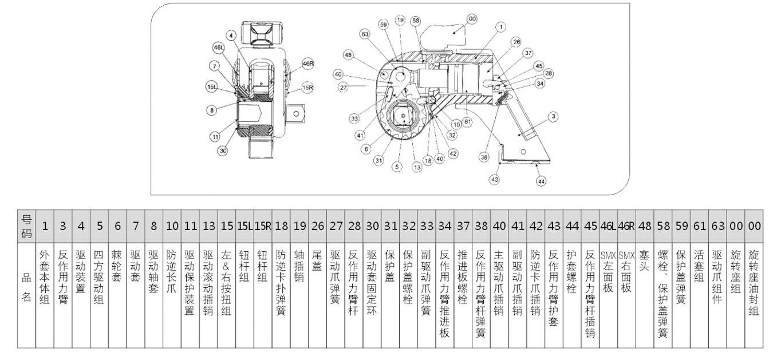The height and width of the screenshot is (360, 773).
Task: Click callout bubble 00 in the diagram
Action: (472, 19)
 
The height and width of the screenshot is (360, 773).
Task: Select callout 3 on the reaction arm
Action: (553, 116)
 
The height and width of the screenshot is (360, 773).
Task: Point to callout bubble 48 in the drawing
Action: (348, 55)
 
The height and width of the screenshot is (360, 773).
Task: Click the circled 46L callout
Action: (219, 48)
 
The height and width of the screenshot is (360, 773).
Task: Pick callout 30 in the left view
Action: (223, 151)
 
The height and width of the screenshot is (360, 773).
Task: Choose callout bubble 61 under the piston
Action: (467, 121)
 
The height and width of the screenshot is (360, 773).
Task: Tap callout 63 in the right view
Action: (364, 34)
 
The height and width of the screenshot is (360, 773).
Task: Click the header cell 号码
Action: (26, 226)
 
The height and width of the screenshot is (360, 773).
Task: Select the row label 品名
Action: (26, 290)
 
